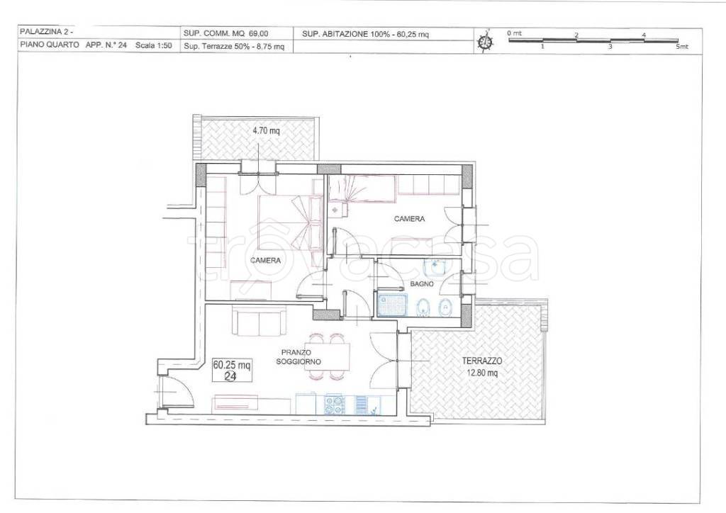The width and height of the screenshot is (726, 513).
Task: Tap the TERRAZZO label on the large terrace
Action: [x=482, y=361]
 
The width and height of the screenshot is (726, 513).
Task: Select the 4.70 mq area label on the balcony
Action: [x=266, y=131]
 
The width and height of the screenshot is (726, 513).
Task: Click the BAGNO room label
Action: [x=422, y=284]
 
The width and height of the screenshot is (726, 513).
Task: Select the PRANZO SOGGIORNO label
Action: [x=298, y=357]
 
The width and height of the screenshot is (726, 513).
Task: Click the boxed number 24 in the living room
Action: [x=230, y=376]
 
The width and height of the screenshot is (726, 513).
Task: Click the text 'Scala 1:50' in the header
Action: [x=153, y=46]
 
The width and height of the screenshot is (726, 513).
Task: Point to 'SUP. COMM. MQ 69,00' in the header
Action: [x=226, y=34]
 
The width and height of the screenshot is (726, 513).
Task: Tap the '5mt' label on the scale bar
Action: [x=682, y=47]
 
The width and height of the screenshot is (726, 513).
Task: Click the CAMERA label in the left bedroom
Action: [x=265, y=261]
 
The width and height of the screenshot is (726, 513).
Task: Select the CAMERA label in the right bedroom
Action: [x=409, y=219]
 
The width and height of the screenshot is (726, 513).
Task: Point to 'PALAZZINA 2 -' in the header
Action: [x=46, y=32]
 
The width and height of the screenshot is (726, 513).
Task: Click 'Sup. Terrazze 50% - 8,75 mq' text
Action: [x=234, y=46]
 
